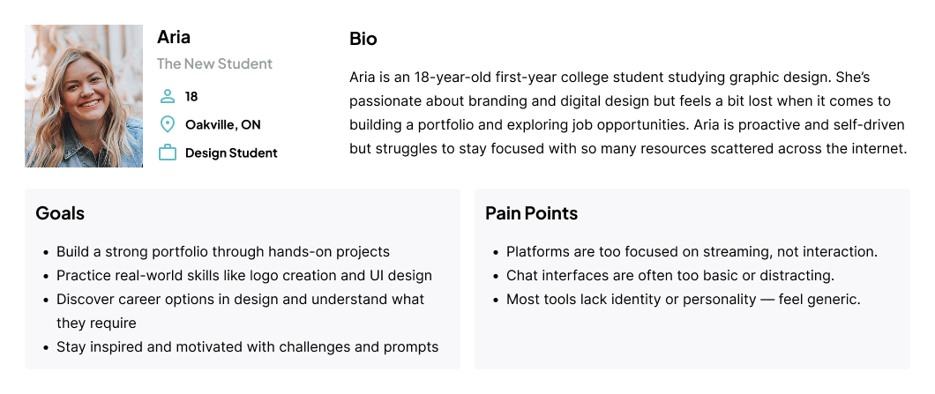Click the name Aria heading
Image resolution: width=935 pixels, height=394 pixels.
[174, 37]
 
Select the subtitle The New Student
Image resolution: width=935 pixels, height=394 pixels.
[214, 63]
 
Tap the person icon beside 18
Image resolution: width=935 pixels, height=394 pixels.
[168, 96]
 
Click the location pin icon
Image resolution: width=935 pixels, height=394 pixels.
[168, 124]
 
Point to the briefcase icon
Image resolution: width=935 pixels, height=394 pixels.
[168, 152]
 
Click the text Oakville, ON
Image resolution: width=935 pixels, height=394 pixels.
[223, 124]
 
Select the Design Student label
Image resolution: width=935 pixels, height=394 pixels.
[231, 153]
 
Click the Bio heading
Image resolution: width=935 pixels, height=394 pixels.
[363, 39]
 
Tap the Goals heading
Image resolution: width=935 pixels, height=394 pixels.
[60, 212]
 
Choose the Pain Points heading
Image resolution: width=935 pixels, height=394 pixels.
[531, 212]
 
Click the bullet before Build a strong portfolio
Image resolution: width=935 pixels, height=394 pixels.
[46, 253]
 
